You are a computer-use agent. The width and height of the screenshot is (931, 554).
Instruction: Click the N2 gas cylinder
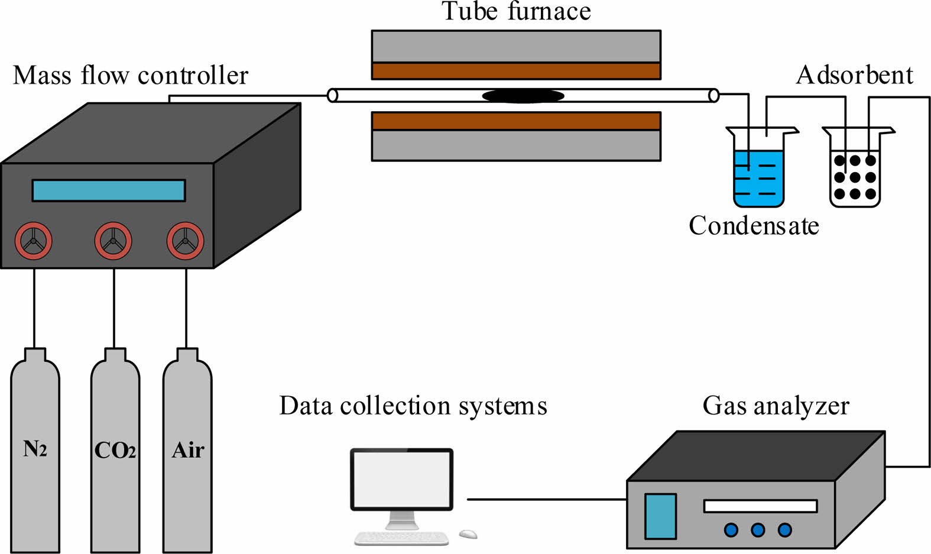click(x=35, y=455)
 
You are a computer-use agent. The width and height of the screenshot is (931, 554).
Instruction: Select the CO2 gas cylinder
click(x=115, y=455)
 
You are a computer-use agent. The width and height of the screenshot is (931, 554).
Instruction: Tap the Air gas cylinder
click(x=187, y=455)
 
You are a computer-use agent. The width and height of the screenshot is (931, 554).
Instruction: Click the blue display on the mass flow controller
click(x=109, y=191)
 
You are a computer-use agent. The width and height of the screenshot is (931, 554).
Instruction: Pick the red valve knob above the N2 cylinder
click(x=34, y=241)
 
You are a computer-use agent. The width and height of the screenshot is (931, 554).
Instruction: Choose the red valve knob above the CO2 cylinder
click(x=113, y=241)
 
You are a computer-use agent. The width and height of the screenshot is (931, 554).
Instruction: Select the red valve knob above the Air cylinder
click(x=185, y=241)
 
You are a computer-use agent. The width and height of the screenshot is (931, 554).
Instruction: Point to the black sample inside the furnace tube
click(x=523, y=96)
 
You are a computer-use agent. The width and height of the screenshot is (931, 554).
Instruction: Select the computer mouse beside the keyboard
click(x=468, y=534)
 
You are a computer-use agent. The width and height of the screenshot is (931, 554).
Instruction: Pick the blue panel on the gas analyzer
click(x=660, y=516)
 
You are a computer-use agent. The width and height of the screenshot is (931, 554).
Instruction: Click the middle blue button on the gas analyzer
click(x=758, y=530)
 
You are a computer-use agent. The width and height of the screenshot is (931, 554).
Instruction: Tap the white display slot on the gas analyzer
click(x=760, y=506)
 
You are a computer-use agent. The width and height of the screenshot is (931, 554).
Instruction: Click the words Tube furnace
click(x=516, y=11)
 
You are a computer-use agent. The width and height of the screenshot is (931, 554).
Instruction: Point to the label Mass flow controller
click(x=131, y=76)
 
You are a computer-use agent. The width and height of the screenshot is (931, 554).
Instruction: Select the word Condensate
click(x=754, y=226)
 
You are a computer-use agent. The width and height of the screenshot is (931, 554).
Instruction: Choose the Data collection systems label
click(x=413, y=406)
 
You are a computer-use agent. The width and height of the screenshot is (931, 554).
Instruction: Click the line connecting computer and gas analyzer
click(x=547, y=500)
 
